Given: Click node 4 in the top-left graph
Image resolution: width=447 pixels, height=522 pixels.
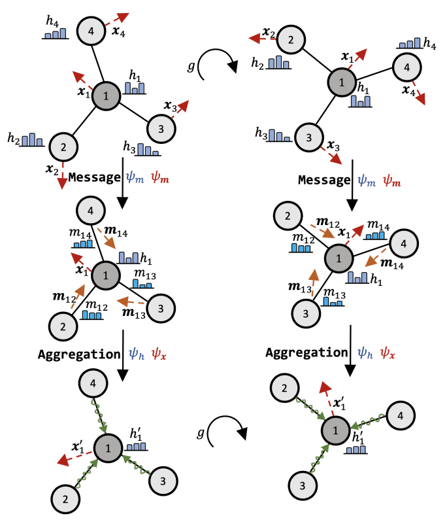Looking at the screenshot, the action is click(x=91, y=31).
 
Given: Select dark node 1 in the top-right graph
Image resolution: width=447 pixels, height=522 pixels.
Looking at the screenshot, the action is click(x=342, y=82).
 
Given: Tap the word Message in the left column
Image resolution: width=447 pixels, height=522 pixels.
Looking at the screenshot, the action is click(x=95, y=177).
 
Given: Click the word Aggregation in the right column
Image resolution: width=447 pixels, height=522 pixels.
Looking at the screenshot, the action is click(x=306, y=353).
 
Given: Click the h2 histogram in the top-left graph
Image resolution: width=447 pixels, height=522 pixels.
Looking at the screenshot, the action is click(x=32, y=140).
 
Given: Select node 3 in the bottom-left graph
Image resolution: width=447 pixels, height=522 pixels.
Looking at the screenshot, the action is click(x=163, y=481).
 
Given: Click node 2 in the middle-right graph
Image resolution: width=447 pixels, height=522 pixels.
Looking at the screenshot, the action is click(x=288, y=216).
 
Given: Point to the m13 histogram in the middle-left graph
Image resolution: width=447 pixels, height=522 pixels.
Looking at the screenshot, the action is click(x=143, y=284).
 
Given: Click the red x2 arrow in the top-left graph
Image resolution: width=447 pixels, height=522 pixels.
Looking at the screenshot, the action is click(x=62, y=175).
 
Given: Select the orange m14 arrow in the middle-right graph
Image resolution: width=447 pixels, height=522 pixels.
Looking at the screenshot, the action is click(x=375, y=258).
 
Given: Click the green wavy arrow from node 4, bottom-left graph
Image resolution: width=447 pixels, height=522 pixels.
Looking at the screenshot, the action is click(x=100, y=416).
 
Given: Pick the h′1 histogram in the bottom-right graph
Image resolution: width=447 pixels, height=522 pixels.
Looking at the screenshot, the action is click(x=356, y=449).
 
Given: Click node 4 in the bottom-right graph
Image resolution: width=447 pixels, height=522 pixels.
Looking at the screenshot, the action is click(x=401, y=415).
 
